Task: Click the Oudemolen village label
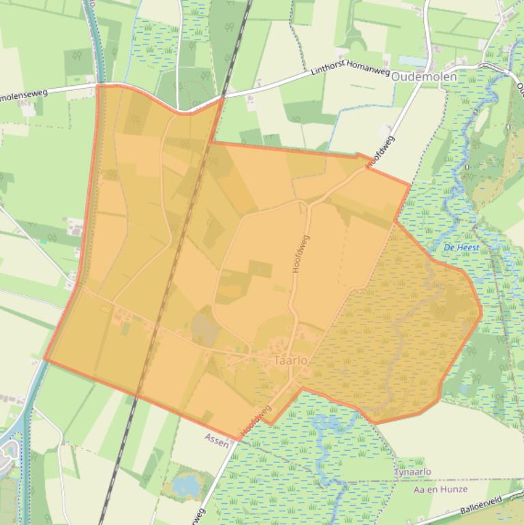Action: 423,77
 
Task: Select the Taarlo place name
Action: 290,361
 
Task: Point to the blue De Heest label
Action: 461,247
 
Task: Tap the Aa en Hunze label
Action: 440,490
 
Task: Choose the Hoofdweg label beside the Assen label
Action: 256,421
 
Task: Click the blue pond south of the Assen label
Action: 185,485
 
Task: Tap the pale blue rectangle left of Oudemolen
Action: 413,61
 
